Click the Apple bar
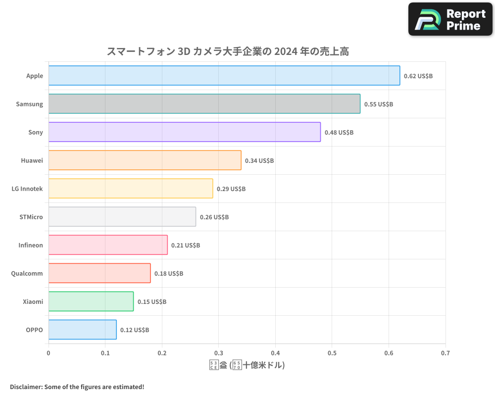coord(224,76)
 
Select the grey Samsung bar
coord(204,104)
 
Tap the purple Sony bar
coord(185,132)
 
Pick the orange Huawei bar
coord(145,160)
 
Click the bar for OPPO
coord(83,330)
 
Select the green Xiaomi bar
coord(91,301)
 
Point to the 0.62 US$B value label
coord(418,76)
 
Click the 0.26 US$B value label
coord(214,217)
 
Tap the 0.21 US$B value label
coord(186,246)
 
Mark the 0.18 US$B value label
coord(169,274)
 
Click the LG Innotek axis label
coord(27,189)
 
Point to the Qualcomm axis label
coord(27,273)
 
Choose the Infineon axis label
coord(31,245)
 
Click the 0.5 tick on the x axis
coord(332,353)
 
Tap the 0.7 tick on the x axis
coord(445,353)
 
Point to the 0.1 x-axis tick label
coord(105,353)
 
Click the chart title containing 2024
coord(228,51)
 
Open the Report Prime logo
coord(450,19)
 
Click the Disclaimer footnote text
coord(77,387)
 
